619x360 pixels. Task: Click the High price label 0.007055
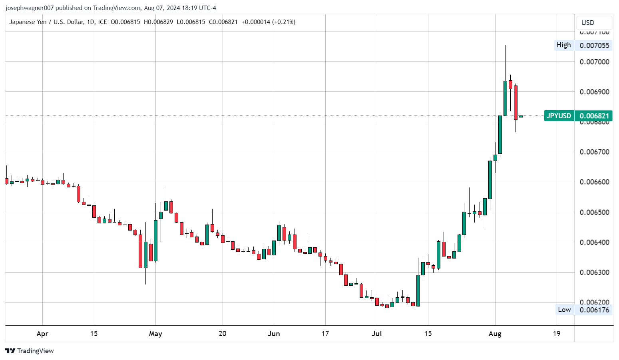click(x=594, y=45)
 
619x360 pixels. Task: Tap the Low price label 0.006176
click(x=594, y=310)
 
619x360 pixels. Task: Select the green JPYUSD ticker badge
click(x=559, y=116)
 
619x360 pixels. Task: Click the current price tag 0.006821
click(x=594, y=116)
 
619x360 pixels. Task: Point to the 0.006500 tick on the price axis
click(x=594, y=212)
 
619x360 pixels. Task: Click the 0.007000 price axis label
click(x=594, y=62)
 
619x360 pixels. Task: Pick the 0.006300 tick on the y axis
click(x=594, y=272)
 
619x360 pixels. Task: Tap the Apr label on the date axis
click(x=42, y=334)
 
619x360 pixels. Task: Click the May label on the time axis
click(x=155, y=334)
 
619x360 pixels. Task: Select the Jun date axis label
click(x=274, y=334)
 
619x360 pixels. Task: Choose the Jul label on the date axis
click(x=376, y=334)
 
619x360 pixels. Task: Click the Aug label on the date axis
click(x=495, y=334)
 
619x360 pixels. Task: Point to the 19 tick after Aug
click(x=556, y=334)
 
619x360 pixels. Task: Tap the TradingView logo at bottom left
click(x=30, y=351)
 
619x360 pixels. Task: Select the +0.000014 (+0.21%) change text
click(x=269, y=22)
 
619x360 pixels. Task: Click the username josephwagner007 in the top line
click(x=29, y=8)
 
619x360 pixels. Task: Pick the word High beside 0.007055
click(x=563, y=45)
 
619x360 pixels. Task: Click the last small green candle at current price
click(x=521, y=116)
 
